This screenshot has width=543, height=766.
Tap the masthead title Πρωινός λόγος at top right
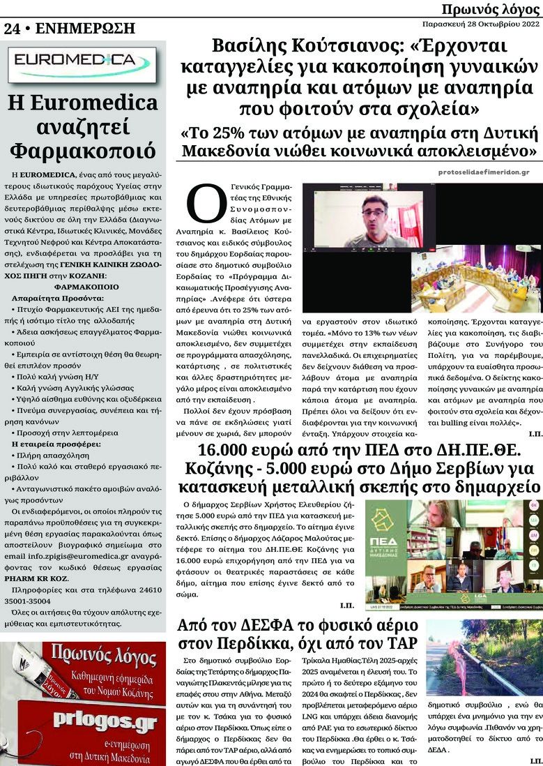tap(491, 8)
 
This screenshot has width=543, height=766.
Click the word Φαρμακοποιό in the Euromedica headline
tap(83, 151)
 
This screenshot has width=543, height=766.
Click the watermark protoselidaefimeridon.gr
tap(484, 172)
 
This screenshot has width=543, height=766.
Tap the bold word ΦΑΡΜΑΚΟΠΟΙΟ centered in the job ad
tap(83, 285)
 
